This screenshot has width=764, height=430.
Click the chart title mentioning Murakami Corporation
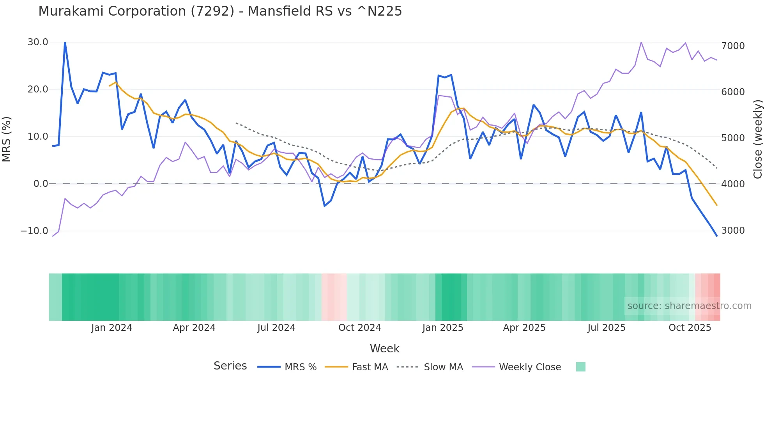(220, 11)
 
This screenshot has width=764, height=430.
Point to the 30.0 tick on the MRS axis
(38, 42)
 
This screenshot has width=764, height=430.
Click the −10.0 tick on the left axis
(34, 231)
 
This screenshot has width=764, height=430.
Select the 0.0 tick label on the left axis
(41, 184)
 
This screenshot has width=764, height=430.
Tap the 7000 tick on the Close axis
(733, 46)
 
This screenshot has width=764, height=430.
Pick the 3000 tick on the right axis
(733, 230)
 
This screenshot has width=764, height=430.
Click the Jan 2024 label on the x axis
(112, 328)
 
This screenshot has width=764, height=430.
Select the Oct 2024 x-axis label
(359, 328)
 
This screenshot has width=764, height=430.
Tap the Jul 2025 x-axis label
(606, 328)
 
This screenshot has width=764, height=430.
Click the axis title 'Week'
(384, 348)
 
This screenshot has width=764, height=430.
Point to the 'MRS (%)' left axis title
(6, 139)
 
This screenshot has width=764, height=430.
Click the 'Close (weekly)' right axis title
(757, 139)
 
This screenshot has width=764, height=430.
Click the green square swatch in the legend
(580, 367)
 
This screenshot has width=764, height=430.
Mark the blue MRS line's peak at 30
(65, 42)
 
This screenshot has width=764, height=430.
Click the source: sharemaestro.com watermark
(689, 306)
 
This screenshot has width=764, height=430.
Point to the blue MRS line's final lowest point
(716, 236)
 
